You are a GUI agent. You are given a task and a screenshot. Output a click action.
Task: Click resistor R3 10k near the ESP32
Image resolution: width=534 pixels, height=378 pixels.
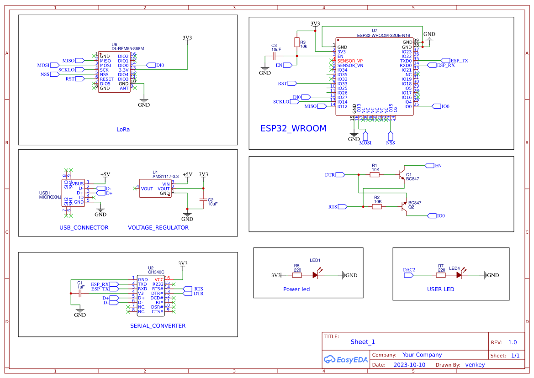coord(297,42)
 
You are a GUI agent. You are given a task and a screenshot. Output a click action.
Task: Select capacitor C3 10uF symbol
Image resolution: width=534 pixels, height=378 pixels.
coord(275,56)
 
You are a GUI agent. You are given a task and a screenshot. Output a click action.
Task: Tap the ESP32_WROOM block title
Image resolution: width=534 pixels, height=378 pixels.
coord(293,128)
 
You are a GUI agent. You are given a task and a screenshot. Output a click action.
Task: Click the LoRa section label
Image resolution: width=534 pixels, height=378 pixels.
coord(123,129)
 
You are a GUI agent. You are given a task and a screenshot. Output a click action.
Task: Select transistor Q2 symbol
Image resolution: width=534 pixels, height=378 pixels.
coord(403,207)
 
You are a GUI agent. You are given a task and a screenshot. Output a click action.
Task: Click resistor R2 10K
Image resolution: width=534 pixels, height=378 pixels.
coord(377,207)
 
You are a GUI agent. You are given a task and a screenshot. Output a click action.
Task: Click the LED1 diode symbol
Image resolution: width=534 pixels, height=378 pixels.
coord(316,275)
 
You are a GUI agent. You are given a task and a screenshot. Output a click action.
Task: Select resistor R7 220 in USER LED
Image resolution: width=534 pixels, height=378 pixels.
coord(441,275)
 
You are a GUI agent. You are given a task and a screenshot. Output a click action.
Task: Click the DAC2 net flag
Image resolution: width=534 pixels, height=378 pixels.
coord(410,275)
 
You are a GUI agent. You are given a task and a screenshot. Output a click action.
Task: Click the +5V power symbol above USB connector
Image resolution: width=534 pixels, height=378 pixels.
coord(105,174)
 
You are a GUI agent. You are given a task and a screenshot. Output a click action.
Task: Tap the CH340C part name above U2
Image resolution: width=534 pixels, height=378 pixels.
coord(156,272)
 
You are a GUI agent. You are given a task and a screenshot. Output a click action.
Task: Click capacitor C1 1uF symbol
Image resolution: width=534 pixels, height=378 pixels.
coord(80,293)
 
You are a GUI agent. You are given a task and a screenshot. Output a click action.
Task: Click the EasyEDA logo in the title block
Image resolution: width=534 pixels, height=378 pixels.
coord(346,360)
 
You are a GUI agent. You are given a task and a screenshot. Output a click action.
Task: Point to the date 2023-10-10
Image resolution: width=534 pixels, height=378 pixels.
coord(409,365)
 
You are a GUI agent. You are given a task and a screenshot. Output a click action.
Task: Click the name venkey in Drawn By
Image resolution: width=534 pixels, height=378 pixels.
coord(475,365)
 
